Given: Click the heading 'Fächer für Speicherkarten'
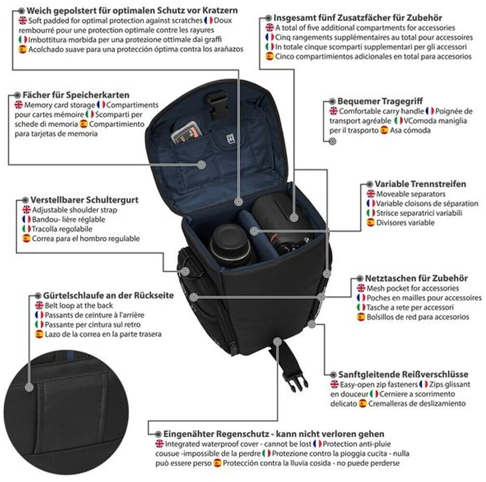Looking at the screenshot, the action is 76,95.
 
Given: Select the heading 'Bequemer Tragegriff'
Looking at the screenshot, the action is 373,101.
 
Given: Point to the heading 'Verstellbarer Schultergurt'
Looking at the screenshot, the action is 84,200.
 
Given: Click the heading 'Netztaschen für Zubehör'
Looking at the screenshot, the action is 416,278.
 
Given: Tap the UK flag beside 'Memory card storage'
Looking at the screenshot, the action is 18,105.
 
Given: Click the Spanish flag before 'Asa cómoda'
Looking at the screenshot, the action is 384,130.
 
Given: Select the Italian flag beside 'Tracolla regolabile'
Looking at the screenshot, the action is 27,229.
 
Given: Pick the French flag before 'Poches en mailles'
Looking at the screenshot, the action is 361,298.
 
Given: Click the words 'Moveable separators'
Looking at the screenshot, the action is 404,194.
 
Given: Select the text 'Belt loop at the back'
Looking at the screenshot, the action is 79,305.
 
